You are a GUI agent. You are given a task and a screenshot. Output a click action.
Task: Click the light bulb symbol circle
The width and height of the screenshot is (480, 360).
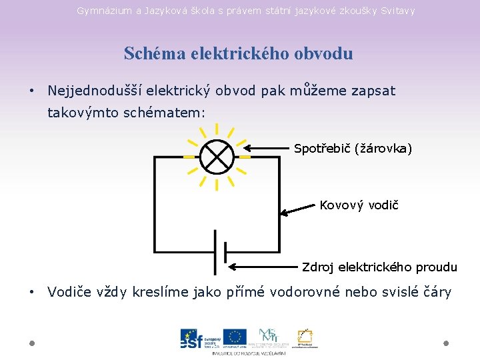217,157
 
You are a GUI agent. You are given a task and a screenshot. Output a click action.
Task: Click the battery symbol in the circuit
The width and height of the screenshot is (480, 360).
220,252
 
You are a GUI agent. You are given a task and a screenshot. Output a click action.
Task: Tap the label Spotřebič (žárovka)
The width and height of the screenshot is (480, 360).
353,148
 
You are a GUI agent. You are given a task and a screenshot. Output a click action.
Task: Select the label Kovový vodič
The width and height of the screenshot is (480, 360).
359,205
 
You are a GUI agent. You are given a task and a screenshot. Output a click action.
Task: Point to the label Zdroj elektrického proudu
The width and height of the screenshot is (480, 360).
379,267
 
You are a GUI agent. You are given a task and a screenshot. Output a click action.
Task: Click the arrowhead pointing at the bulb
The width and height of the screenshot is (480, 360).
246,148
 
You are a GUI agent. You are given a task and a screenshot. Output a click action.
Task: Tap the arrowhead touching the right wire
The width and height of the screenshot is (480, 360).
284,213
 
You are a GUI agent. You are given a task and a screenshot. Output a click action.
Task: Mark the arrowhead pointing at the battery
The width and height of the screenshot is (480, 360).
233,267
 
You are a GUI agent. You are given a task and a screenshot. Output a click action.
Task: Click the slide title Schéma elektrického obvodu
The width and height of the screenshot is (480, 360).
238,53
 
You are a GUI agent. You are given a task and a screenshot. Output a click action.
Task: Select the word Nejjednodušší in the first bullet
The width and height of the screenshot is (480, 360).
95,91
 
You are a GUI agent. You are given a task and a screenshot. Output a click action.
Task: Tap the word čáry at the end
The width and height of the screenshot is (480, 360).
436,292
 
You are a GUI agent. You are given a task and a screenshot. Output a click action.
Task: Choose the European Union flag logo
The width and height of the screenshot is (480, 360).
235,338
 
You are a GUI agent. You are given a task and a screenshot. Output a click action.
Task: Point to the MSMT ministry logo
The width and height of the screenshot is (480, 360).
268,337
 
